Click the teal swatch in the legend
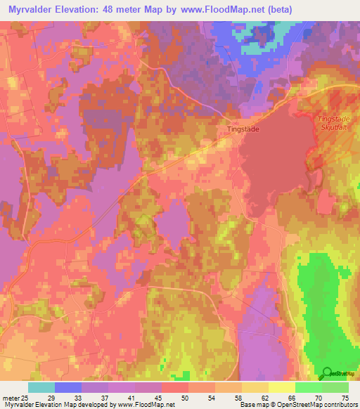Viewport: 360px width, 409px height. pyautogui.click(x=41, y=387)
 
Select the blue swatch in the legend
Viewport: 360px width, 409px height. pyautogui.click(x=68, y=387)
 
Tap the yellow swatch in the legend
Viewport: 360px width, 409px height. pyautogui.click(x=282, y=387)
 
